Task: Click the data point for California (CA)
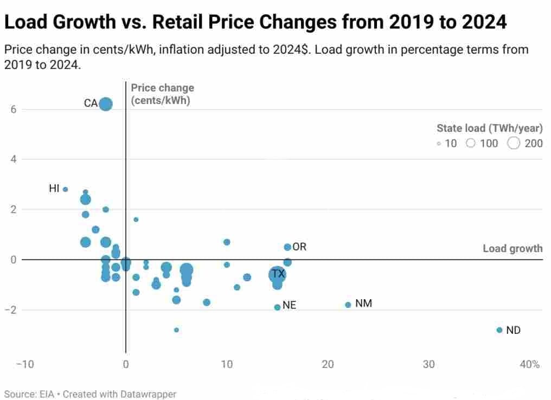tap(106, 104)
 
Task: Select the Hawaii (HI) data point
tap(65, 189)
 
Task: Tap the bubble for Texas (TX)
tap(277, 275)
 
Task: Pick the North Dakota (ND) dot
tap(499, 330)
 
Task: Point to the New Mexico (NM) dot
tap(348, 305)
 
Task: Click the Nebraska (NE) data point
tap(277, 307)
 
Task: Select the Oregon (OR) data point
tap(287, 247)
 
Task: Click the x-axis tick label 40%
tap(529, 364)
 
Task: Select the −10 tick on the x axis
tap(25, 364)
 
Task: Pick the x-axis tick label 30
tap(428, 364)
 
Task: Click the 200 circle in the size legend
tap(514, 143)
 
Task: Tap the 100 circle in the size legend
tap(471, 143)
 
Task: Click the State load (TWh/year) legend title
tap(489, 128)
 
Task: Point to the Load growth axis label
tap(512, 249)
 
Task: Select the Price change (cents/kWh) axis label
tap(162, 94)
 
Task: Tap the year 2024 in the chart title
tap(477, 22)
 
